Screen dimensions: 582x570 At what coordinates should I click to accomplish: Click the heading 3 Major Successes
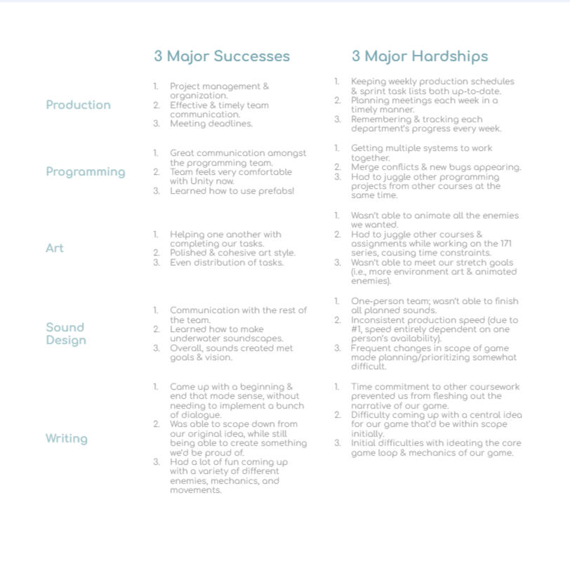tap(222, 56)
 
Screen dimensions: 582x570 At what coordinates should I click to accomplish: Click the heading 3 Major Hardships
tap(420, 56)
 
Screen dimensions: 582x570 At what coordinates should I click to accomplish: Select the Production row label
tap(78, 105)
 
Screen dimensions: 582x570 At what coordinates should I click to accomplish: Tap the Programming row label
tap(86, 172)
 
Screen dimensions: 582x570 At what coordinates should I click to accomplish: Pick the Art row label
tap(54, 248)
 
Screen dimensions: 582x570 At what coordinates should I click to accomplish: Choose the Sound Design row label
tap(66, 333)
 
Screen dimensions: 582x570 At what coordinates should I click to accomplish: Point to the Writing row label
tap(67, 439)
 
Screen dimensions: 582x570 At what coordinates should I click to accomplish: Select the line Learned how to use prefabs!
tap(232, 191)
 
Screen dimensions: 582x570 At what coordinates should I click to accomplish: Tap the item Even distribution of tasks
tap(227, 263)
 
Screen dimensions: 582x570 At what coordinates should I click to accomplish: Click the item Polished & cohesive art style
tap(232, 253)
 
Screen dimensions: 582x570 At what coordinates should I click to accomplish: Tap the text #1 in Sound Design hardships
tap(357, 329)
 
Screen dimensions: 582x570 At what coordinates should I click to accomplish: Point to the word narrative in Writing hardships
tap(373, 406)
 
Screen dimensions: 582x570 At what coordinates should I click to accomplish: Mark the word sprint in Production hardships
tap(375, 91)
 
